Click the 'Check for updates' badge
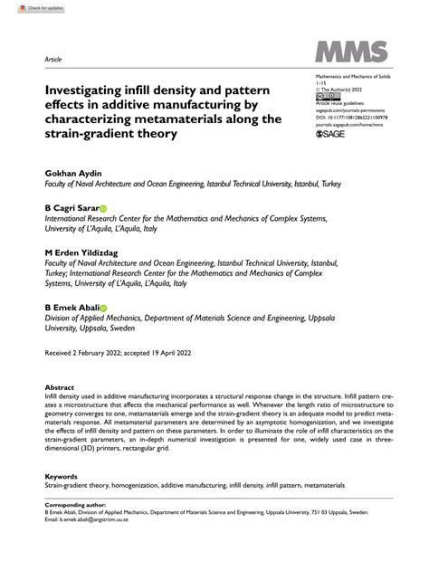26,7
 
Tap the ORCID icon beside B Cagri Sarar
103,208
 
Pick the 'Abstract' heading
59,385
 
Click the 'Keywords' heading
61,474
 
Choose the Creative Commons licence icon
323,96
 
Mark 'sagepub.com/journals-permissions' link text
348,109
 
